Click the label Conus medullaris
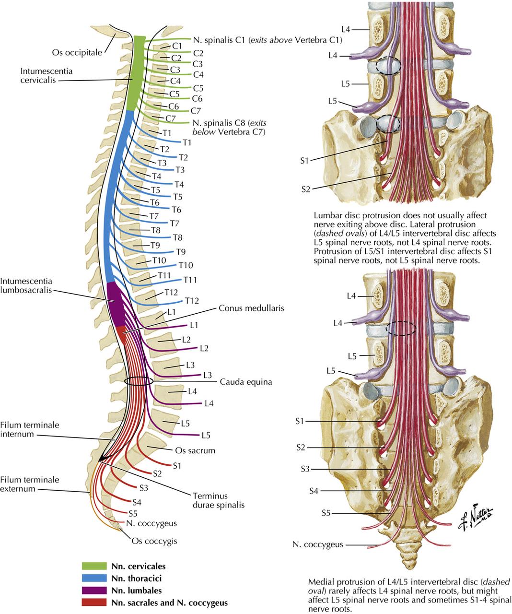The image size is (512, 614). click(251, 308)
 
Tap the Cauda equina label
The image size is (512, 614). click(246, 382)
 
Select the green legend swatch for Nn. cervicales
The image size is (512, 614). click(94, 566)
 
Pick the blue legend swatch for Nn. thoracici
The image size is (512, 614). click(94, 579)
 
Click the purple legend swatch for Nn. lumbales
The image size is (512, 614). click(94, 590)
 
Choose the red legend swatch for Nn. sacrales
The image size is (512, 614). click(94, 602)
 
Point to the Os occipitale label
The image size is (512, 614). click(77, 52)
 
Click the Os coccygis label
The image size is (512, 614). click(154, 541)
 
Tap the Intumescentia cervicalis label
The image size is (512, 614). click(47, 75)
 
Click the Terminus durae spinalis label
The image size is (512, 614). click(210, 500)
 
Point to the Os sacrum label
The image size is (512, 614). click(195, 450)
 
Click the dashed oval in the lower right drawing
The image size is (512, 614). click(401, 328)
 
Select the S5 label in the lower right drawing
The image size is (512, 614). click(326, 513)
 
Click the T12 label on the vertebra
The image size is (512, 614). click(171, 292)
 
